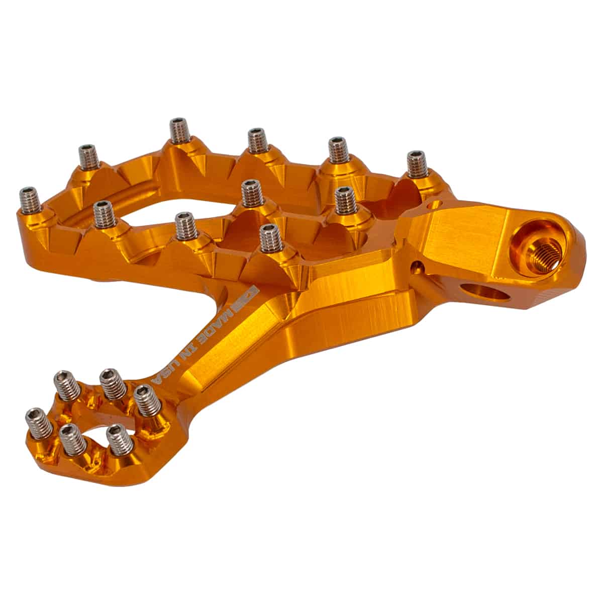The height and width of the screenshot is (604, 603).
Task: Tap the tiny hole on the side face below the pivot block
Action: point(415,266)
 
